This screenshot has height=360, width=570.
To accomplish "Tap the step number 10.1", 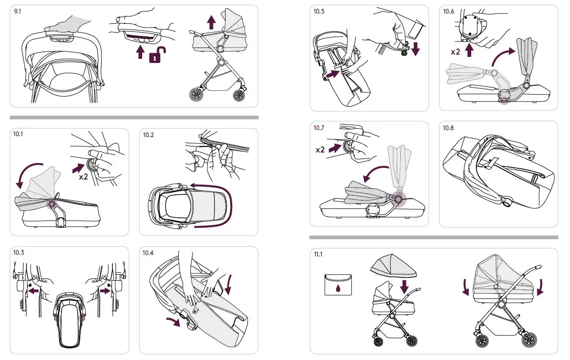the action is [x=18, y=135].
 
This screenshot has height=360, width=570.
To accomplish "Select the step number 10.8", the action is [x=448, y=128].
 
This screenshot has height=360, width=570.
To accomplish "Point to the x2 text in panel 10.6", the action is [x=455, y=52].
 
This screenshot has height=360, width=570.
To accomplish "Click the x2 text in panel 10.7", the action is [x=320, y=150].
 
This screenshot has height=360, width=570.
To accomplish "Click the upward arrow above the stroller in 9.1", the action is [x=211, y=21].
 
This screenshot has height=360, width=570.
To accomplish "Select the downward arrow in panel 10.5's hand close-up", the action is [x=415, y=48].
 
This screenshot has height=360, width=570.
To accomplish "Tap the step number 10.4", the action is [x=148, y=253].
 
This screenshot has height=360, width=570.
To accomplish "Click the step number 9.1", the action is [x=18, y=11].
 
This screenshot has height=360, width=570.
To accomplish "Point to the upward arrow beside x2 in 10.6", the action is [x=469, y=49].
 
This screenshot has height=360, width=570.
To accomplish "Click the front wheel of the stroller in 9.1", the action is [x=196, y=94].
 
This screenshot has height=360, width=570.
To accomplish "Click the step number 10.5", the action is [x=319, y=12].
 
